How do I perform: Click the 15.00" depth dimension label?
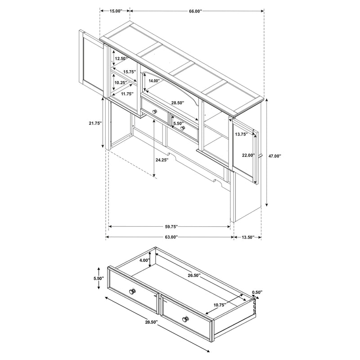[x=114, y=11]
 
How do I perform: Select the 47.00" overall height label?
[x=274, y=156]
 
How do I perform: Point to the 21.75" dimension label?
[x=95, y=123]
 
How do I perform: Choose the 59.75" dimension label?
[x=170, y=227]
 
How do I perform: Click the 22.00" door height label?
[x=247, y=155]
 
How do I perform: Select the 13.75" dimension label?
[x=242, y=134]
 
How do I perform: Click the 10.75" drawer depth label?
[x=219, y=305]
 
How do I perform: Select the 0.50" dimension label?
[x=257, y=292]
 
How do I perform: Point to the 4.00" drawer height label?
[x=144, y=261]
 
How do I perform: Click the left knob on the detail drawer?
[x=133, y=291]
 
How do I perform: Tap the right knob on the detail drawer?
[x=185, y=319]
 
